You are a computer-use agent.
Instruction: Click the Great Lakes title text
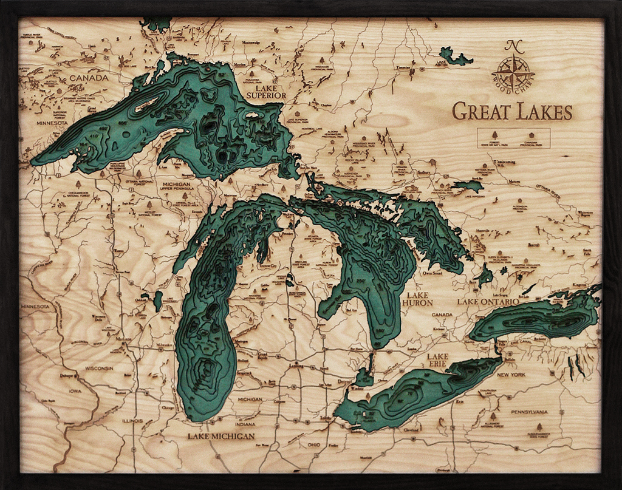click(512, 112)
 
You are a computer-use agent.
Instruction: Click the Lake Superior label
click(266, 92)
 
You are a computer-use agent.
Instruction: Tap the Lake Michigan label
click(220, 436)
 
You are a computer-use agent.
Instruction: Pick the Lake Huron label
click(417, 298)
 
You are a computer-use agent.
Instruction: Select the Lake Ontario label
click(488, 302)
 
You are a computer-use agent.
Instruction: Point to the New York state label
click(511, 375)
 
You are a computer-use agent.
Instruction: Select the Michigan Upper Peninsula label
click(176, 188)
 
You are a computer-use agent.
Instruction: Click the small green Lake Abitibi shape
click(454, 58)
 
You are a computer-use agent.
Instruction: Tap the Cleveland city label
click(411, 429)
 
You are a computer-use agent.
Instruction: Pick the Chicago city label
click(169, 408)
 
